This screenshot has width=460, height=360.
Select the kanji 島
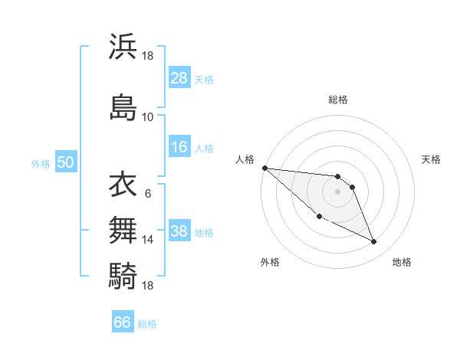coord(123,106)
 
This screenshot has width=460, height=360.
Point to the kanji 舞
coord(123,229)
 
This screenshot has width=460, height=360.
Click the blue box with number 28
coord(179,78)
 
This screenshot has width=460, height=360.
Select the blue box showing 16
coord(179,148)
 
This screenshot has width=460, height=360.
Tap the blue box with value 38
coord(179,232)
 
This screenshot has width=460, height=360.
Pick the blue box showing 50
coord(65,163)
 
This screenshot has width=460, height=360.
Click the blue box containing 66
coord(123,322)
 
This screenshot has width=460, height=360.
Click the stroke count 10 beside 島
coord(147,117)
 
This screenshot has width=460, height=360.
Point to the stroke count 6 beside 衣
coord(147,193)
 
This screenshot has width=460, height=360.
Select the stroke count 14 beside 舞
coord(147,240)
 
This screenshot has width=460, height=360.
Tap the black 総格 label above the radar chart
coord(338,100)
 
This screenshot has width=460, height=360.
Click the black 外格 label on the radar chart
coord(270,263)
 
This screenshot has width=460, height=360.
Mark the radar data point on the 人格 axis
coord(264,168)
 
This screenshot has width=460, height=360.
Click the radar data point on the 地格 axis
coord(374,242)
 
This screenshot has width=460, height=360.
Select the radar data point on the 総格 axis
coord(338,177)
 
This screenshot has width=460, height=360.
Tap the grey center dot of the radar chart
coord(338,191)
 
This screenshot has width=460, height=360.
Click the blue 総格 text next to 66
coord(147,324)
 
